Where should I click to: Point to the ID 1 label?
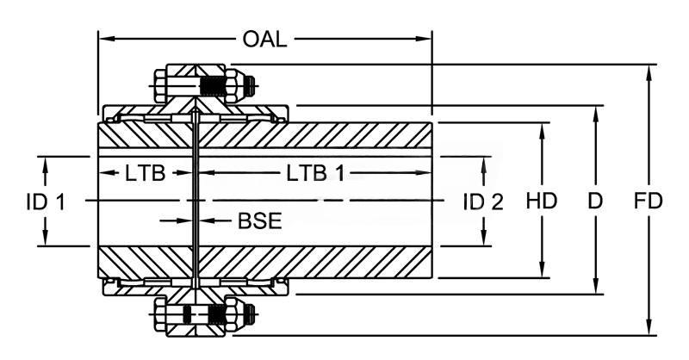coord(45,202)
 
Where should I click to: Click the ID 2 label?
coord(482,202)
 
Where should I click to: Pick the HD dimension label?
coord(542,202)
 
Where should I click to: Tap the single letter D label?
coord(594,202)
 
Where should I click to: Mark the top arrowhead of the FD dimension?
coord(647,70)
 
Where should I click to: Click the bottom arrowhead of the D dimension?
coord(594,289)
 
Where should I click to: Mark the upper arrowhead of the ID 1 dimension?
coord(45,162)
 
